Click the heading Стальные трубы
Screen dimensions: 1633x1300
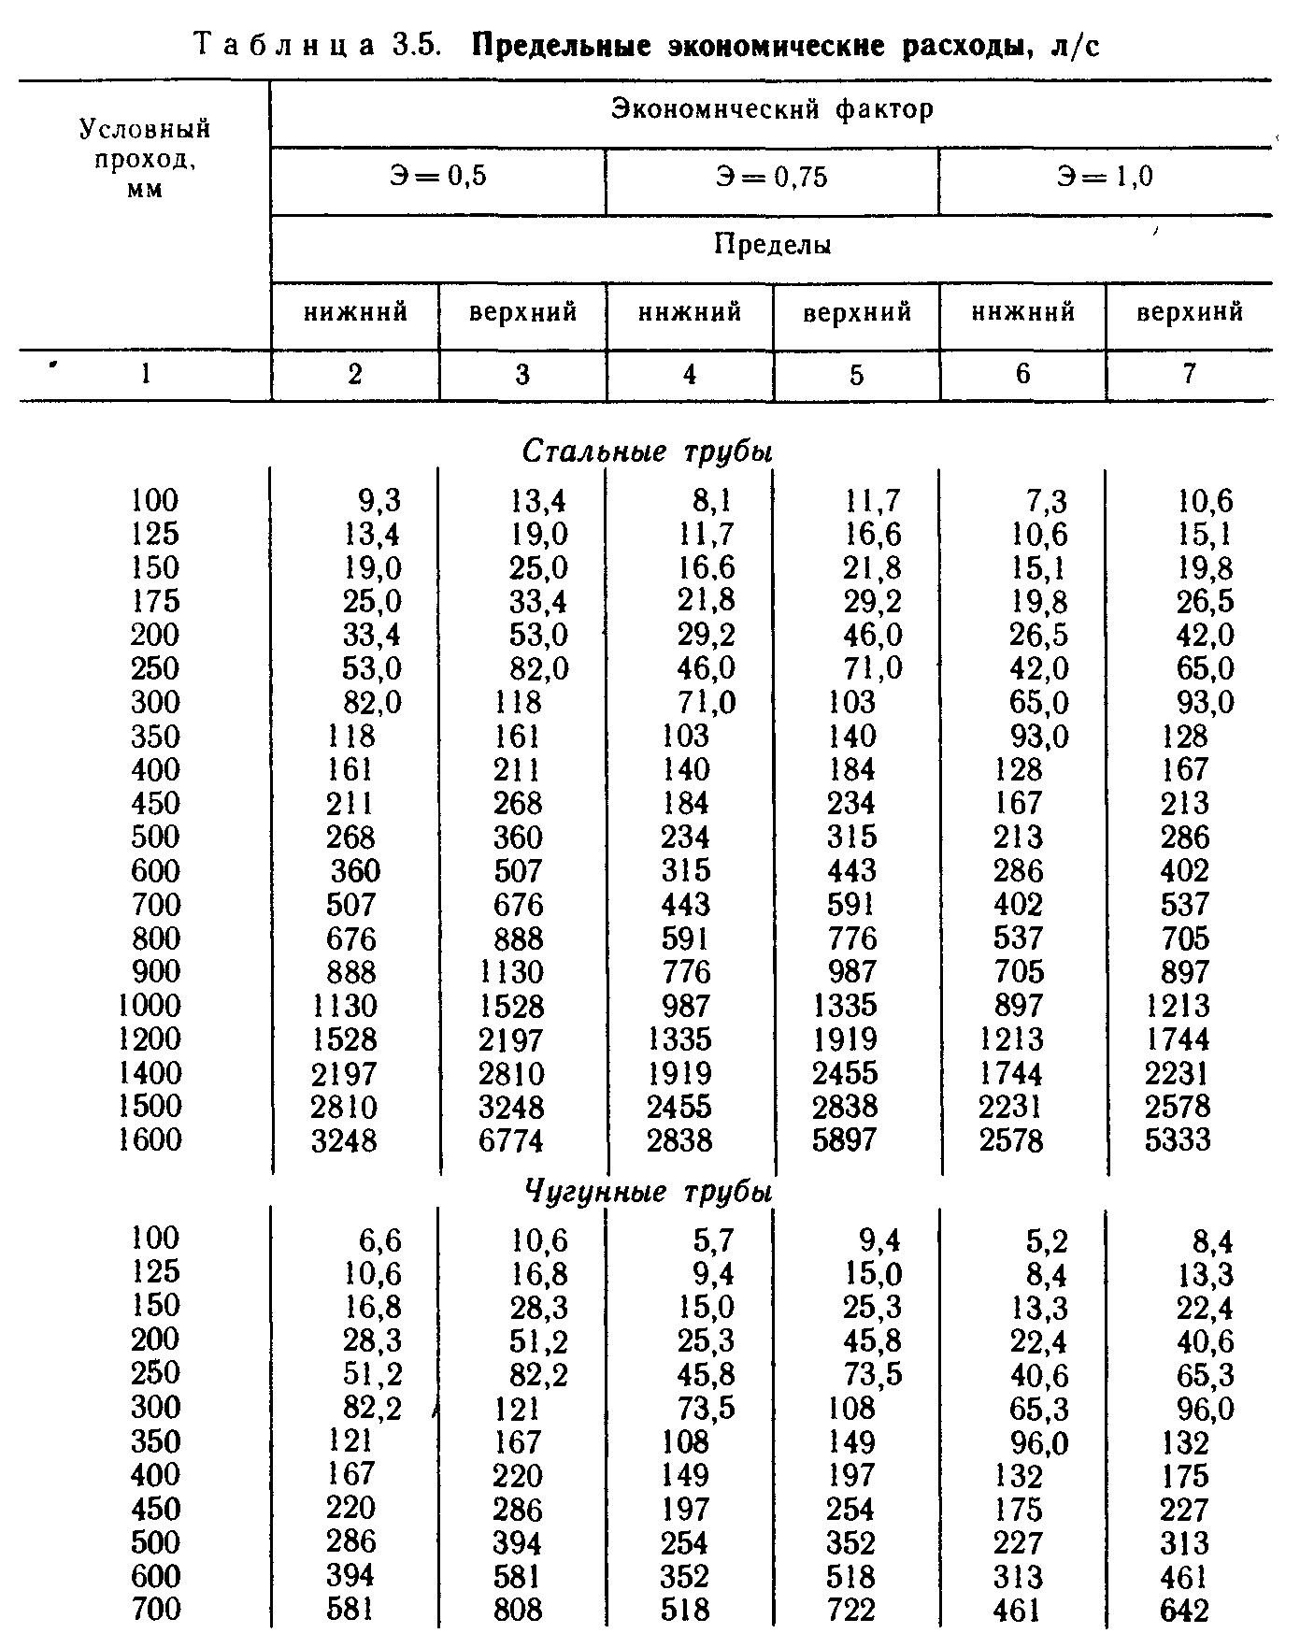click(648, 451)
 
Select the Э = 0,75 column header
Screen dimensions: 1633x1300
click(772, 178)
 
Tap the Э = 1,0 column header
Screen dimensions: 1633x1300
click(1105, 177)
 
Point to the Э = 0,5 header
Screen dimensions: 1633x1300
click(438, 177)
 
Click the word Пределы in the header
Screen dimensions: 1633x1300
click(772, 246)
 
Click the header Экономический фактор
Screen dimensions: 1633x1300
click(772, 110)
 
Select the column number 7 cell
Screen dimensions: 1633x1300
click(1188, 374)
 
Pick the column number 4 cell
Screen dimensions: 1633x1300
click(689, 374)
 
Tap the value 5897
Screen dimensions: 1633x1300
click(844, 1140)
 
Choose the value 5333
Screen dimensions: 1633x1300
click(1178, 1140)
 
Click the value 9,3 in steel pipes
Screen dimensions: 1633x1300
click(379, 502)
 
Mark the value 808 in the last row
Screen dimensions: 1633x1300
click(518, 1611)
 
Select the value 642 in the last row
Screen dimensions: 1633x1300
click(1185, 1611)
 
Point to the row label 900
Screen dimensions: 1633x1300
click(154, 971)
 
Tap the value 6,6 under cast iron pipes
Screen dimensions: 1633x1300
click(379, 1240)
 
